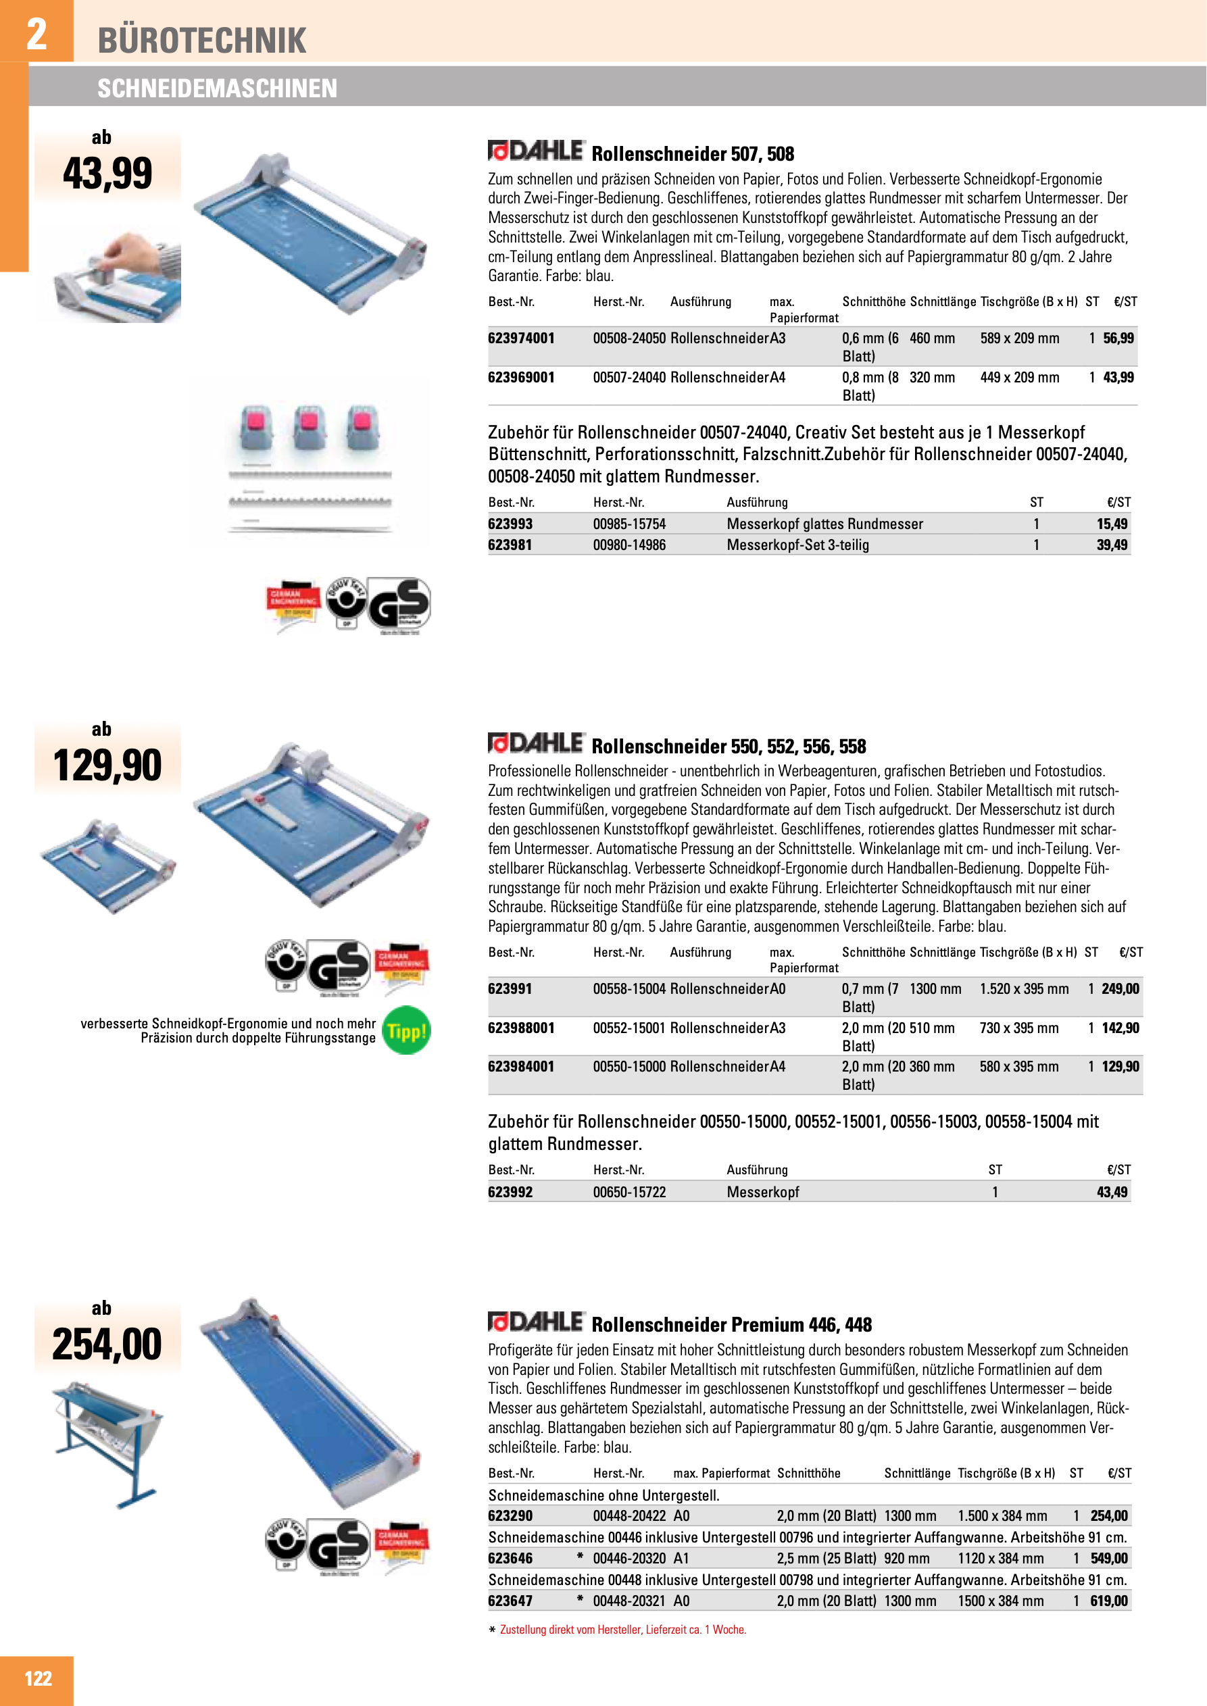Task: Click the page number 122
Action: click(38, 1678)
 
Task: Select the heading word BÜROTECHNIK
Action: click(201, 40)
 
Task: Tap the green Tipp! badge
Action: click(405, 1030)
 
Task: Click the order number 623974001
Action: click(521, 338)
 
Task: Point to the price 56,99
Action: click(1118, 338)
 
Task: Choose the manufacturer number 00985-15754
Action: click(629, 524)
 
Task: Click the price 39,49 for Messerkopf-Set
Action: click(1112, 545)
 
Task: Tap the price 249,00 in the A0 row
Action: click(1120, 988)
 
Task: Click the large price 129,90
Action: click(107, 766)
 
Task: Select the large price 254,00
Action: click(107, 1343)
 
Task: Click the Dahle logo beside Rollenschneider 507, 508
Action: click(536, 151)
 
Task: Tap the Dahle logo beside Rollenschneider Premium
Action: click(536, 1322)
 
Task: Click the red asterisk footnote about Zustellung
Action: click(617, 1630)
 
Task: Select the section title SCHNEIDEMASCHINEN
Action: click(217, 89)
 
